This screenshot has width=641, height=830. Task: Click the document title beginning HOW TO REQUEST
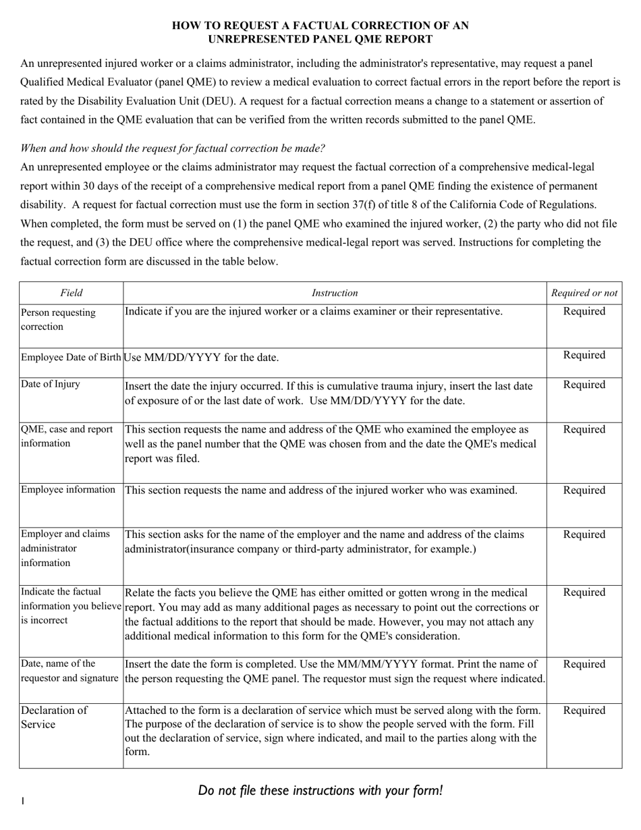(x=320, y=32)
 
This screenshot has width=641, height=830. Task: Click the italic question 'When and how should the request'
(x=173, y=148)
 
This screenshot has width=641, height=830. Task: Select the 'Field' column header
(x=71, y=293)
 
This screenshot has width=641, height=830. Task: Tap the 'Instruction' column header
(x=335, y=293)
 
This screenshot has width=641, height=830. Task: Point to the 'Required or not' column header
(x=584, y=293)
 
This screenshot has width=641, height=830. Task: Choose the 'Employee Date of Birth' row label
(x=71, y=357)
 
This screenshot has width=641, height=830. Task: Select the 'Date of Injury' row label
(x=51, y=384)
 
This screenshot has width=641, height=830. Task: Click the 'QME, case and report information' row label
(x=67, y=436)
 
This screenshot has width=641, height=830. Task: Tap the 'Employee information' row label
(x=68, y=490)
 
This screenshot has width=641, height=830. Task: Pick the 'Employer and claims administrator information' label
(x=65, y=548)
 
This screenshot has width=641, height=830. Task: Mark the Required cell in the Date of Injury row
(x=584, y=385)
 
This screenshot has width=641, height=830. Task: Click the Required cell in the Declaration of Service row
(x=584, y=711)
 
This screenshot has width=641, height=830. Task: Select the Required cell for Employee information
(x=584, y=491)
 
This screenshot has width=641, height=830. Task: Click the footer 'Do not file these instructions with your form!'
(x=320, y=790)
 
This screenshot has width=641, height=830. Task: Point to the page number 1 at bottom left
(x=23, y=801)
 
